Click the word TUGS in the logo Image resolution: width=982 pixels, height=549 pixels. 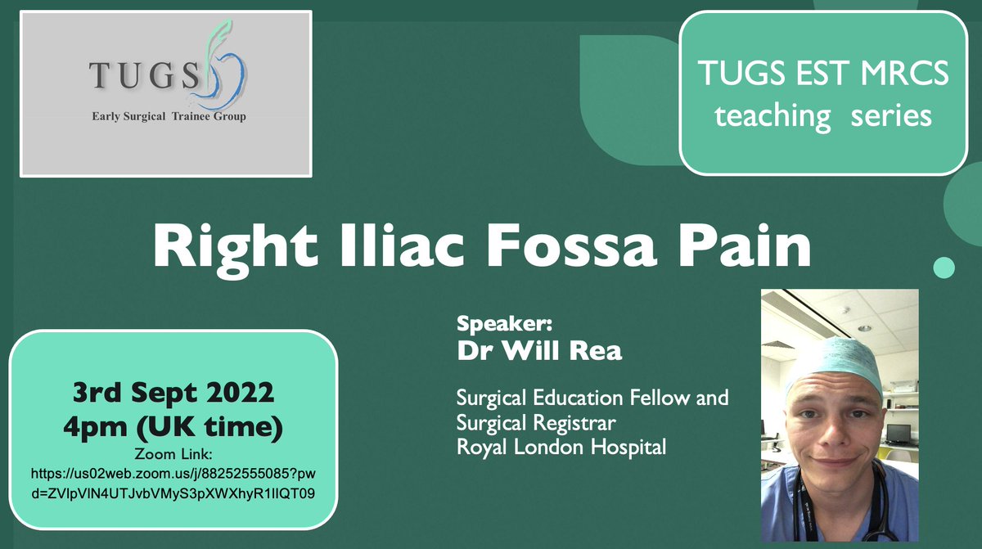click(144, 75)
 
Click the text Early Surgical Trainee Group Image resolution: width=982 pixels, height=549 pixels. click(169, 116)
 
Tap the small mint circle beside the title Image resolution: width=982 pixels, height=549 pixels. click(944, 267)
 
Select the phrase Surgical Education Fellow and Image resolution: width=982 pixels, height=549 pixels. click(592, 399)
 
